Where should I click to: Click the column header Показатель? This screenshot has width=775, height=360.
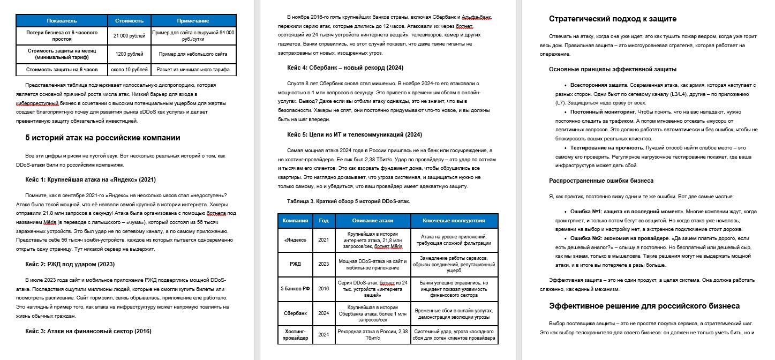tap(62, 21)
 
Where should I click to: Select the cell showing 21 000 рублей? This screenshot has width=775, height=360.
tap(129, 36)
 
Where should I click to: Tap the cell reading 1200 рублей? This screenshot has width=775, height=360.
tap(129, 54)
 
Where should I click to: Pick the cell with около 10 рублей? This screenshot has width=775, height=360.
tap(129, 70)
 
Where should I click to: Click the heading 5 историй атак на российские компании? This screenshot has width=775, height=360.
tap(103, 138)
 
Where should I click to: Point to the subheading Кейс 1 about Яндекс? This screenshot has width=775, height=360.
tap(91, 179)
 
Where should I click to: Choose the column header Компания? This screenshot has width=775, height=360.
tap(295, 221)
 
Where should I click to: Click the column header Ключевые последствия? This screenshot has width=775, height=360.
tap(454, 221)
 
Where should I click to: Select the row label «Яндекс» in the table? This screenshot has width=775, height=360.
tap(295, 239)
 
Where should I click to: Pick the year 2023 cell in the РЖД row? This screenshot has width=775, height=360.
tap(323, 264)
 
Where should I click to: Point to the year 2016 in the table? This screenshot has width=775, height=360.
tap(323, 289)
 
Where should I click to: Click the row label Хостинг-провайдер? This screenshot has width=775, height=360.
tap(295, 335)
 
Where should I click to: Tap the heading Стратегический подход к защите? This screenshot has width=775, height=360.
tap(612, 19)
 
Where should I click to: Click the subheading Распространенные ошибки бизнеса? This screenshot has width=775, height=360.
tap(601, 181)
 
